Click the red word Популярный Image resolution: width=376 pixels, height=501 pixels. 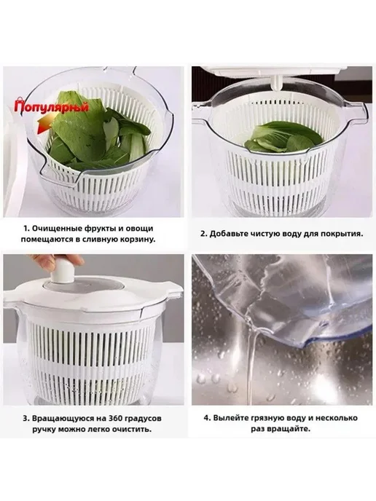click(x=51, y=107)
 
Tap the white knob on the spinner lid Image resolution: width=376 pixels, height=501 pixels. click(x=63, y=272)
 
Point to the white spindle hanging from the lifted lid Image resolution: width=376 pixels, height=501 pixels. click(x=275, y=83)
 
